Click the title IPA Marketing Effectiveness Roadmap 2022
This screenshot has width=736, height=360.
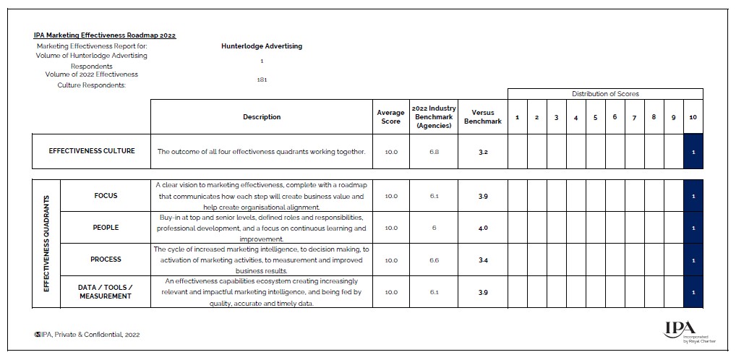coord(105,35)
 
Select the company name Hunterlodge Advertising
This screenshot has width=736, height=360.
coord(262,46)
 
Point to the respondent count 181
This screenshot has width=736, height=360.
coord(262,80)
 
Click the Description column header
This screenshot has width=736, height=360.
coord(262,117)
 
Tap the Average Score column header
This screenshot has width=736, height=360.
coord(390,117)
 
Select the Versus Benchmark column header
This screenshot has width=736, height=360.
coord(482,117)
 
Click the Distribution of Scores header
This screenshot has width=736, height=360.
coord(605,94)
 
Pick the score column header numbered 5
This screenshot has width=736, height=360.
coord(595,118)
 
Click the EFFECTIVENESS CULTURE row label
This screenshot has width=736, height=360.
coord(92,152)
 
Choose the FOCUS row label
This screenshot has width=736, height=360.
coord(106,196)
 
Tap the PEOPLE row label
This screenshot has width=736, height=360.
coord(106,228)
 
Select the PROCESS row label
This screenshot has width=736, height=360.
coord(106,260)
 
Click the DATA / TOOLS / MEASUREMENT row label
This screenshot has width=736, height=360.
coord(106,292)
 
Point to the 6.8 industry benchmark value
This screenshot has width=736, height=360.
coord(434,153)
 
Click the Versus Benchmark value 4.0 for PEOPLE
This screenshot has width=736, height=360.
coord(482,228)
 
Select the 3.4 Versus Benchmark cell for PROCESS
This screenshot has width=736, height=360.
coord(482,260)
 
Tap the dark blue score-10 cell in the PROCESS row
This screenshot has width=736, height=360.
coord(693,260)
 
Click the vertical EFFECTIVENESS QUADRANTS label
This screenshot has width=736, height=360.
coord(46,243)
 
